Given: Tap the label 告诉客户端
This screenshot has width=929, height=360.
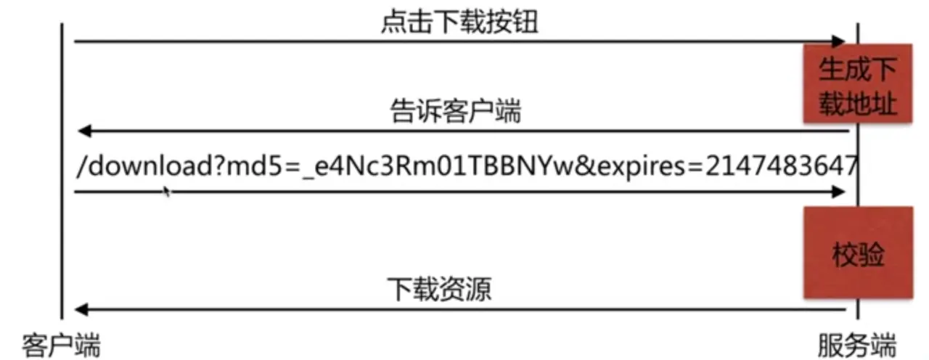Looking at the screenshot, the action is [455, 112].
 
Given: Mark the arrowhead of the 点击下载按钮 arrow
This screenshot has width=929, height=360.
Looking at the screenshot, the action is [840, 41].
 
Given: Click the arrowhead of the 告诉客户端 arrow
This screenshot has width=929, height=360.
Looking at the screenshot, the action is [82, 131].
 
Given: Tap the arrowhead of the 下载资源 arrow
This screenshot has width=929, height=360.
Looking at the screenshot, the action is [81, 310].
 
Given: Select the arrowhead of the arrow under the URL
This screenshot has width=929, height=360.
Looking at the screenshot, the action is [840, 192].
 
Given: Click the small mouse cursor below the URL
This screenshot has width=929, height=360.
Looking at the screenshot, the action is [167, 192].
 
